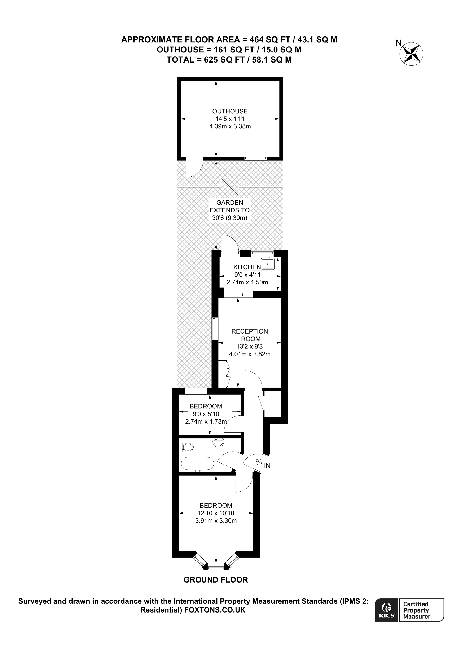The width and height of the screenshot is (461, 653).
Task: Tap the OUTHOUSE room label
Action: [230, 111]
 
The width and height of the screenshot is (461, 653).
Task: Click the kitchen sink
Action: [268, 264]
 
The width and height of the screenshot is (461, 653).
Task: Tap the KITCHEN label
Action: [247, 267]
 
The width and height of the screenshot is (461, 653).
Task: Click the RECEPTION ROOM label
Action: [250, 335]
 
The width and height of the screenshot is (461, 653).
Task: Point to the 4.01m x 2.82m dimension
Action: [250, 354]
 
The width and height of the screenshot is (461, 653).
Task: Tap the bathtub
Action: [197, 464]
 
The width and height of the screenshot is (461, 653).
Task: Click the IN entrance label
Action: [267, 466]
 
